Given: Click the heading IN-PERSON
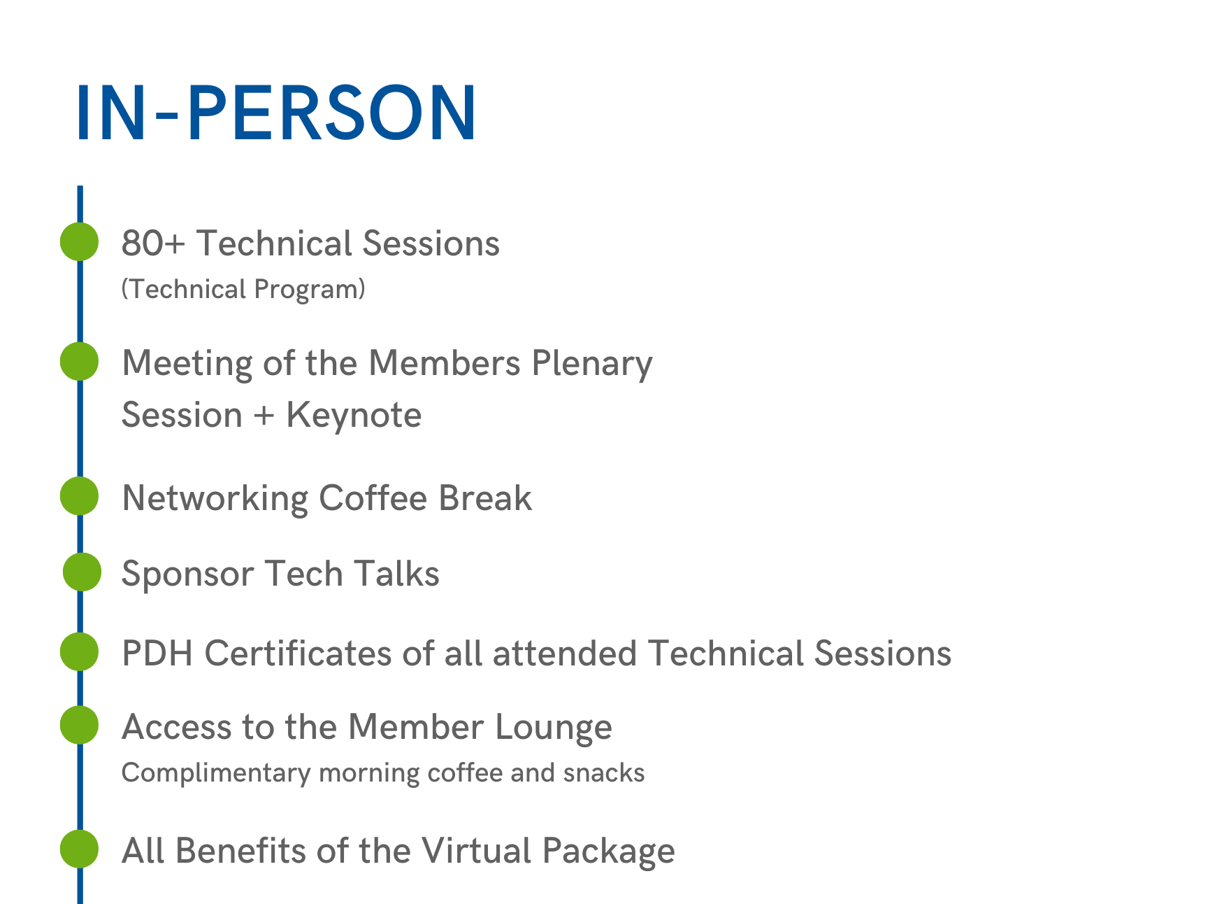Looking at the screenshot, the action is coord(276,113).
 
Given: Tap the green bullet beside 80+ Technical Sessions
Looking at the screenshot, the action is coord(79,241).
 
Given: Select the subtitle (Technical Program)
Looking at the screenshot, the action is coord(243,289).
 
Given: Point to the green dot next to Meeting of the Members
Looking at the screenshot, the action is coord(79,361).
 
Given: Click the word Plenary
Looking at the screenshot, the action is coord(592,365).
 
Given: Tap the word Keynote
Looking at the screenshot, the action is coord(354,415).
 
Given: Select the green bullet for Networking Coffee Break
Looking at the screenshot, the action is coord(79,496).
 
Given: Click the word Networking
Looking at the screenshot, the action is coord(215,499).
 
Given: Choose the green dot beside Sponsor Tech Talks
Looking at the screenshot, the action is coord(82,572).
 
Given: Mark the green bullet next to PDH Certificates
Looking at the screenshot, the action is coord(79,651).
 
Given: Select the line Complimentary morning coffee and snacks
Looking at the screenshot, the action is coord(383,773).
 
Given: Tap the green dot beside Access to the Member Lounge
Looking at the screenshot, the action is coord(79,725).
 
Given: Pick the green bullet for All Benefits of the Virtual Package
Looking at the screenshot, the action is coord(79,849).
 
